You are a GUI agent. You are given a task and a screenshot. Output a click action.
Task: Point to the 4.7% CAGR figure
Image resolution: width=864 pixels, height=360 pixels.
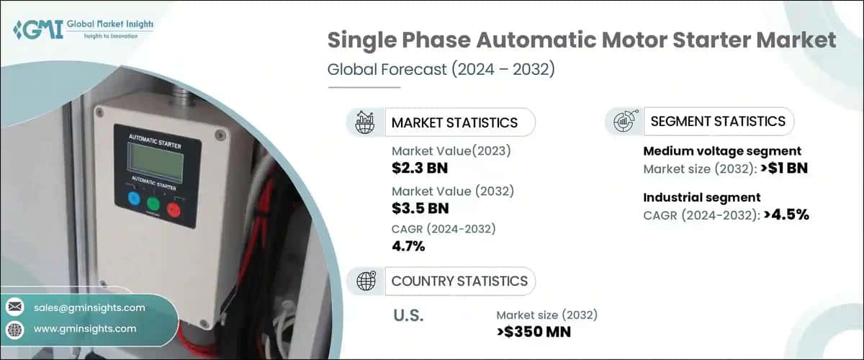(x=408, y=247)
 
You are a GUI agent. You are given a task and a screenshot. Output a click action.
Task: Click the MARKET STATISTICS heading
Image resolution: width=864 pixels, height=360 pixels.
(x=454, y=122)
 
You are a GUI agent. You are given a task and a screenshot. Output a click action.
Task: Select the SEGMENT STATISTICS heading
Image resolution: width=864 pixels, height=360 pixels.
(x=718, y=121)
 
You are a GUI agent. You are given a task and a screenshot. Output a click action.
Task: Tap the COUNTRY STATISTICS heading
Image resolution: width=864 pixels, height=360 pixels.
(x=459, y=281)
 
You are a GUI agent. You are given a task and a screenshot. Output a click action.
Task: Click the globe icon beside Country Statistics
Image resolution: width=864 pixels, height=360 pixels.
(x=365, y=281)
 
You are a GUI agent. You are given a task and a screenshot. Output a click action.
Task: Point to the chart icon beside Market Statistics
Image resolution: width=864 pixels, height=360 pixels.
(x=365, y=122)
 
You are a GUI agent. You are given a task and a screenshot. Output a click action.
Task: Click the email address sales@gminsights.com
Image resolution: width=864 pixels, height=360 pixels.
(x=89, y=307)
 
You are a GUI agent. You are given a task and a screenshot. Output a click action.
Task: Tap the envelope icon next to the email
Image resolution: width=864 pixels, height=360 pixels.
(x=15, y=307)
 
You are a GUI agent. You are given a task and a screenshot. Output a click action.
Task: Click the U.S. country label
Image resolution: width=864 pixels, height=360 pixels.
(x=408, y=315)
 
